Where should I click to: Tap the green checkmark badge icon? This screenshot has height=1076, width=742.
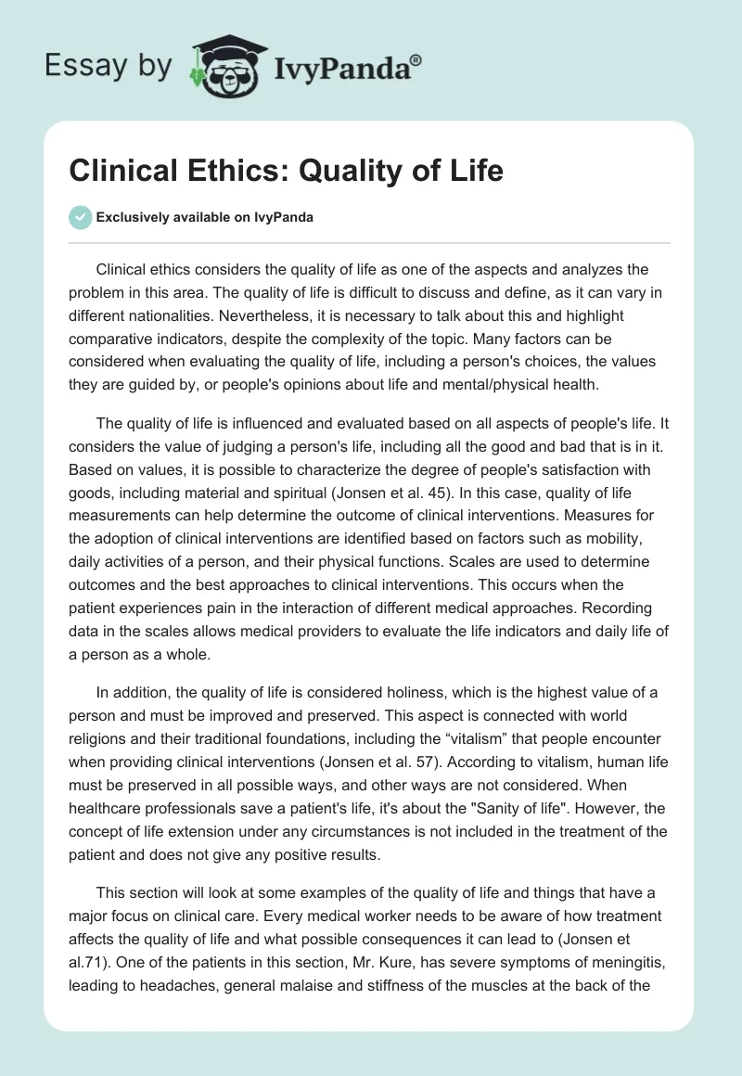coord(80,217)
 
